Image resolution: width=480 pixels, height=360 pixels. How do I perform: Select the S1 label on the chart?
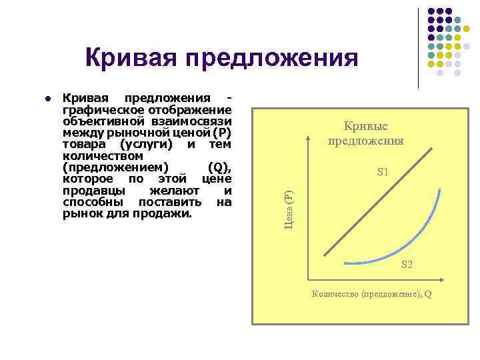[383, 172]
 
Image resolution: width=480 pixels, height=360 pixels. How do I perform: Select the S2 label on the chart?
[407, 265]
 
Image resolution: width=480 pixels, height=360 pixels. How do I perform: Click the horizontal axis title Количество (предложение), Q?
[371, 294]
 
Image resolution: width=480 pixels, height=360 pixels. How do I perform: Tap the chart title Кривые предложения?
[365, 133]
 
